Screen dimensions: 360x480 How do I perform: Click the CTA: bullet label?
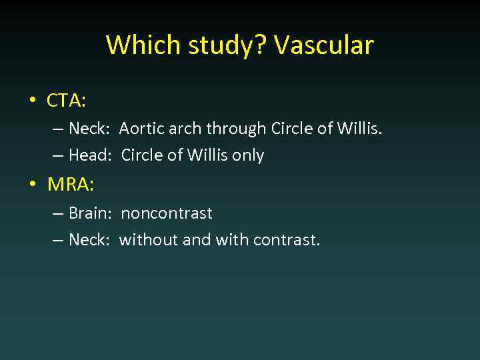(x=66, y=101)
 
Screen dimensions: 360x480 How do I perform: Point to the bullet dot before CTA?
(x=32, y=101)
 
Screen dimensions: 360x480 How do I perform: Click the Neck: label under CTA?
(x=89, y=129)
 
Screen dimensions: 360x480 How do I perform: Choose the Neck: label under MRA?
(x=89, y=240)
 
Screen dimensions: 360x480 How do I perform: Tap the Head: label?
(x=89, y=155)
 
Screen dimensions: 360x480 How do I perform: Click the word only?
(x=248, y=155)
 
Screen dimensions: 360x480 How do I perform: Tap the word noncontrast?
(x=167, y=213)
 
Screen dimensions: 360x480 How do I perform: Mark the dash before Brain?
(x=58, y=213)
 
